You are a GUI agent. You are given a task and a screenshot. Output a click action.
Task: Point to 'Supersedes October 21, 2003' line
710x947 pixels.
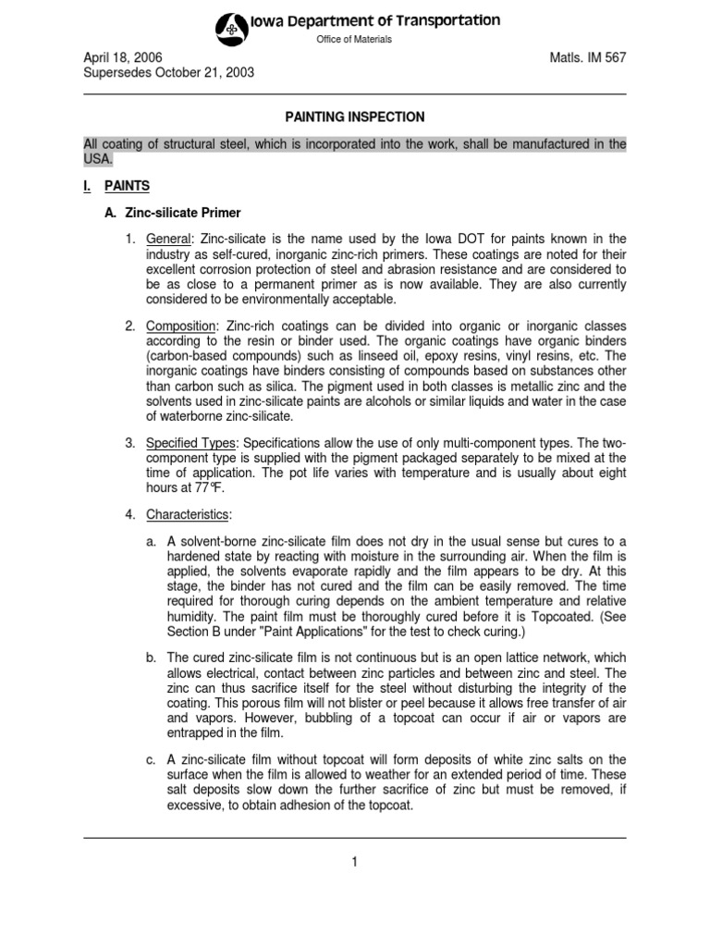[169, 73]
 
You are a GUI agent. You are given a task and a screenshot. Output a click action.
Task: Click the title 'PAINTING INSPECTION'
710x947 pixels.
[354, 117]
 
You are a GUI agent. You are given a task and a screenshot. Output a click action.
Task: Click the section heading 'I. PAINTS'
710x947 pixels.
[116, 186]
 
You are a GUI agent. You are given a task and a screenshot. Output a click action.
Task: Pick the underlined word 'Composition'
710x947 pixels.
[181, 326]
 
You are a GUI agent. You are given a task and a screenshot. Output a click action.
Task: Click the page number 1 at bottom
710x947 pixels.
[354, 862]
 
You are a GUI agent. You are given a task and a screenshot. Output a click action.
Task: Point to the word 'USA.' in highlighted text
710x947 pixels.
[97, 159]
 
